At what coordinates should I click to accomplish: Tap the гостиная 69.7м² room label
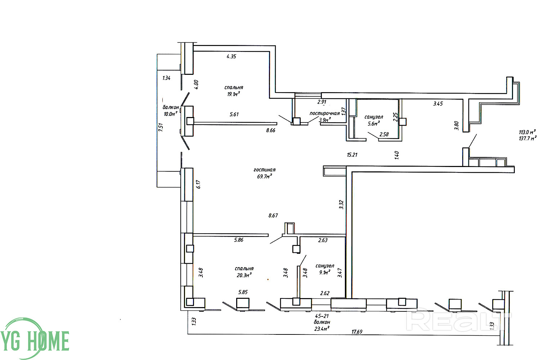(x=265, y=173)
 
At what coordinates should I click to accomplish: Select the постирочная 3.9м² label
(x=324, y=117)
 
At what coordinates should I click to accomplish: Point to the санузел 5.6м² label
(x=374, y=120)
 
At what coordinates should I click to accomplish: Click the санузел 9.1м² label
(x=325, y=269)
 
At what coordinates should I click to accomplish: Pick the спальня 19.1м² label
(x=234, y=91)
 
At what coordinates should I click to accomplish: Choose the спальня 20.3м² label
(x=244, y=272)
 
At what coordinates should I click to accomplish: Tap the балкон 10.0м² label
(x=171, y=111)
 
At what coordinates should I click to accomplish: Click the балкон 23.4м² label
(x=322, y=325)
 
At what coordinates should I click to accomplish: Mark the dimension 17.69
(x=357, y=332)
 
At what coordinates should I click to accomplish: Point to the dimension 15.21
(x=352, y=155)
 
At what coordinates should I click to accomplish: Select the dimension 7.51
(x=161, y=127)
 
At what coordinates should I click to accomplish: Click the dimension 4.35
(x=231, y=57)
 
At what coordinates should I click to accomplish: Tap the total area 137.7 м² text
(x=528, y=138)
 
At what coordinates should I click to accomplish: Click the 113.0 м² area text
(x=527, y=132)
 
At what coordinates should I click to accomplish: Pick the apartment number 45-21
(x=322, y=316)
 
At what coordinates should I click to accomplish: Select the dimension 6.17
(x=198, y=184)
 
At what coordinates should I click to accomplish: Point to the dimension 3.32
(x=341, y=205)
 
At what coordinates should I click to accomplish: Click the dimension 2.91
(x=322, y=102)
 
